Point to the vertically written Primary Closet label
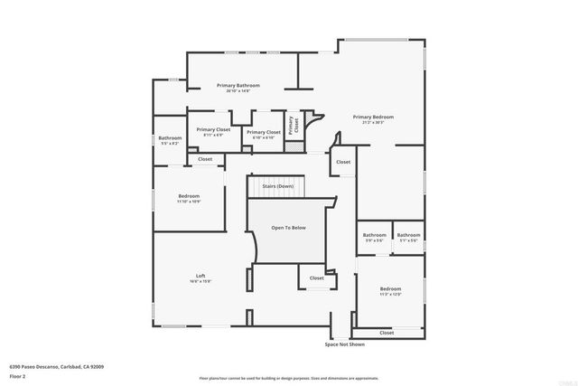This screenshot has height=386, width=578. coord(293,127)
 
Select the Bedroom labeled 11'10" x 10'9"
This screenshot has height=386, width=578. coord(189,198)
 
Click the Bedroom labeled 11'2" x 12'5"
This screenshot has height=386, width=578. coord(390,292)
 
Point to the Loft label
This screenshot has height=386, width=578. coord(200,278)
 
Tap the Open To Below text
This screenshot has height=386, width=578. coord(289,227)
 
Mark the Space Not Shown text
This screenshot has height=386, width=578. coord(345,344)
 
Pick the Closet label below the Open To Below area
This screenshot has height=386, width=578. coord(317,278)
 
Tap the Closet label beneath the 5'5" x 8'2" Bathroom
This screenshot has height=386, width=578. coord(205,159)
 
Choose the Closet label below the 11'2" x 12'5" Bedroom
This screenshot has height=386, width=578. coord(387,333)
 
